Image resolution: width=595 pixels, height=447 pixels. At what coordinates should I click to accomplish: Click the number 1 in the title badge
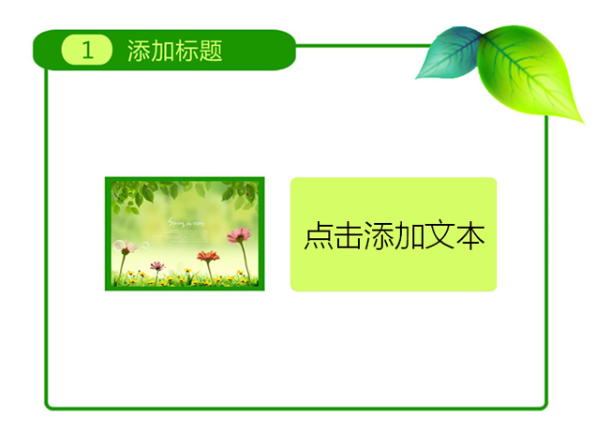pos(87,51)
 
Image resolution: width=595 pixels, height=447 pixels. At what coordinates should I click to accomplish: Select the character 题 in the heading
pos(211,51)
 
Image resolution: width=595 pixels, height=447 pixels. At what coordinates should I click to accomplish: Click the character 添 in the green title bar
pos(139,51)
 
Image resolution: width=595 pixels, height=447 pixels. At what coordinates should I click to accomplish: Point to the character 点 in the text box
pos(318,236)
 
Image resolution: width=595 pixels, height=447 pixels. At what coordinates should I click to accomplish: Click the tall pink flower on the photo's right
pos(240,235)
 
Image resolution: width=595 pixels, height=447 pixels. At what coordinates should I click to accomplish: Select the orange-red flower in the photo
pos(207,255)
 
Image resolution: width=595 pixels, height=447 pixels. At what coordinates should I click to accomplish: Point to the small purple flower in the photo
pos(157,267)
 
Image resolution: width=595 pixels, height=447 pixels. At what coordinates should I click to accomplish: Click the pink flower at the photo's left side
pos(128,247)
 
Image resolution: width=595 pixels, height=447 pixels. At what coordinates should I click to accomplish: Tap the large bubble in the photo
pos(119,246)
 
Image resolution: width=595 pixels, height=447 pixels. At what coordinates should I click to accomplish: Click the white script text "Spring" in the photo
pos(176,222)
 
